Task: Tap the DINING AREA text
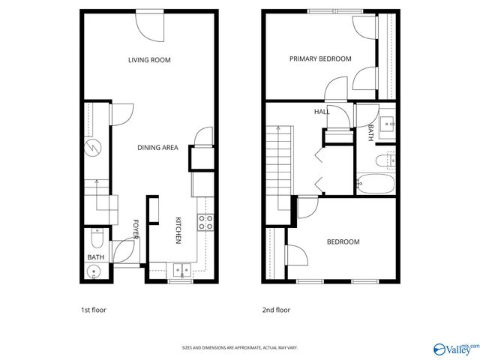click(157, 148)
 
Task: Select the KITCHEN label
click(178, 229)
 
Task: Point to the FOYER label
click(136, 229)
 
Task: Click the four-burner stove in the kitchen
click(205, 221)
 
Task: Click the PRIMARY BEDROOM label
click(320, 59)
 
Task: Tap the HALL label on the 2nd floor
click(322, 112)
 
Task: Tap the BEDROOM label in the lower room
click(343, 241)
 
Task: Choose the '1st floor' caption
click(94, 310)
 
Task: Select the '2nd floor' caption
click(275, 310)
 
